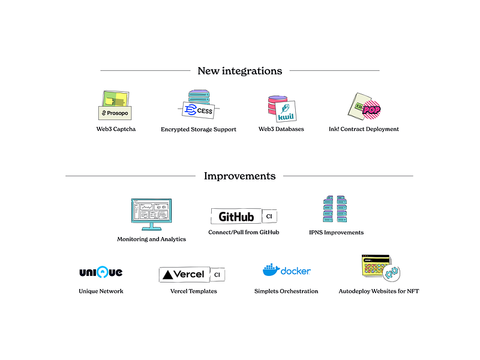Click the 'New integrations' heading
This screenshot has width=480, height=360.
pyautogui.click(x=239, y=71)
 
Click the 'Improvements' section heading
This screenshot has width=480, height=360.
pyautogui.click(x=239, y=176)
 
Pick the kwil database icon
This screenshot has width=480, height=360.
pyautogui.click(x=282, y=109)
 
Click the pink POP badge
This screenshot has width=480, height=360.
pyautogui.click(x=371, y=110)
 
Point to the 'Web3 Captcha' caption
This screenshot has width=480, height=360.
pyautogui.click(x=116, y=129)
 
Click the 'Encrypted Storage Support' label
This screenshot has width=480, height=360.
pyautogui.click(x=199, y=129)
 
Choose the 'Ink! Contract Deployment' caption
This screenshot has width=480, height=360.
pyautogui.click(x=364, y=129)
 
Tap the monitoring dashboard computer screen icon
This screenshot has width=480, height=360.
pyautogui.click(x=152, y=214)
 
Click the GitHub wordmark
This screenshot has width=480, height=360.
pyautogui.click(x=236, y=217)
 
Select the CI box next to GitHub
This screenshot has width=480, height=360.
pyautogui.click(x=269, y=217)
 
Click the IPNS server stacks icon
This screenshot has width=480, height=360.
pyautogui.click(x=335, y=209)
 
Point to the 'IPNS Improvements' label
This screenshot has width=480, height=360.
pyautogui.click(x=337, y=232)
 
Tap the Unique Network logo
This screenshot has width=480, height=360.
pyautogui.click(x=101, y=272)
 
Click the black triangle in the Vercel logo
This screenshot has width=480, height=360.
pyautogui.click(x=168, y=275)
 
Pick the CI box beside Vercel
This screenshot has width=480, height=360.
pyautogui.click(x=217, y=275)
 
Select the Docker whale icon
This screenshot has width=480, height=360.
pyautogui.click(x=271, y=269)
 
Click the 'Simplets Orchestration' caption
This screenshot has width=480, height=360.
pyautogui.click(x=286, y=291)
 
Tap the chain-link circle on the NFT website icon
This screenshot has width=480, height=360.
pyautogui.click(x=391, y=272)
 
